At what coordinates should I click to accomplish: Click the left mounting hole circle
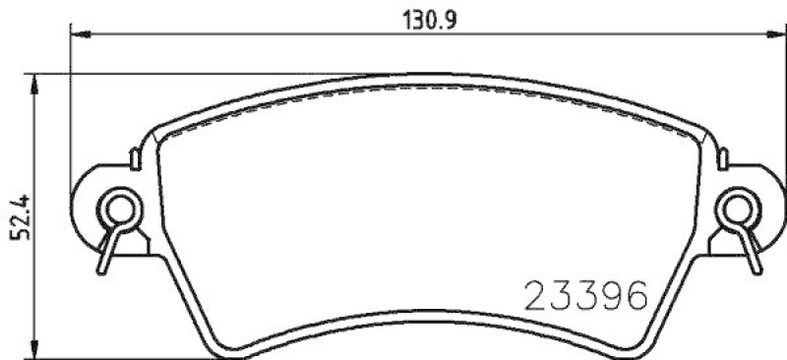(119, 209)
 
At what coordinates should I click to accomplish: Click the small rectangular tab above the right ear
(720, 154)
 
